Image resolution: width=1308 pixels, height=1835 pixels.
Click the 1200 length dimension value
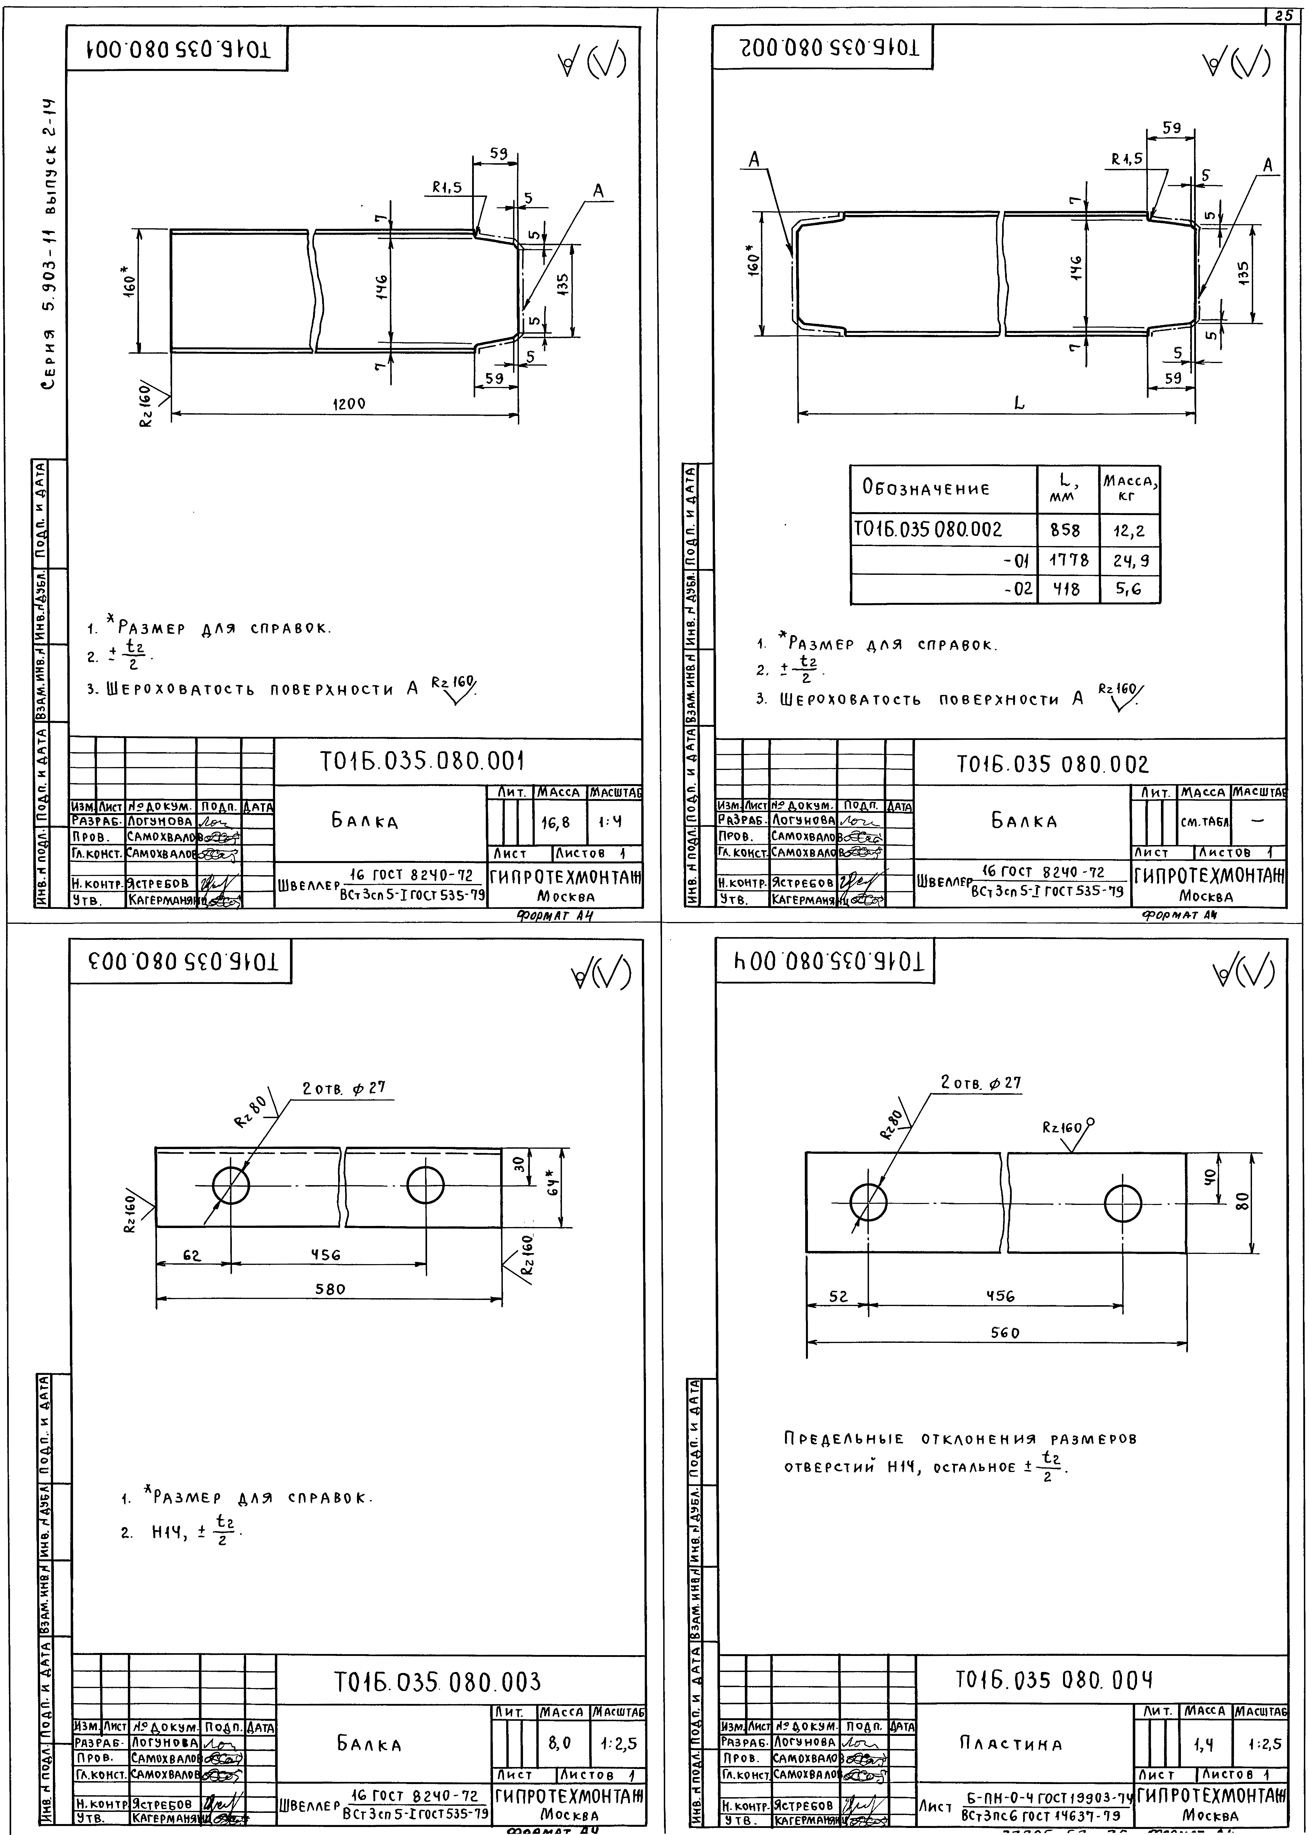tap(349, 404)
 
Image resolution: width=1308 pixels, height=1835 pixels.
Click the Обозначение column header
tap(926, 488)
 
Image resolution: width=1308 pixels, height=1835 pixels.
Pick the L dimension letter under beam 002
tap(1019, 403)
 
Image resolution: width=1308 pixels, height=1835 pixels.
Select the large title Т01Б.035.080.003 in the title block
tap(437, 1682)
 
